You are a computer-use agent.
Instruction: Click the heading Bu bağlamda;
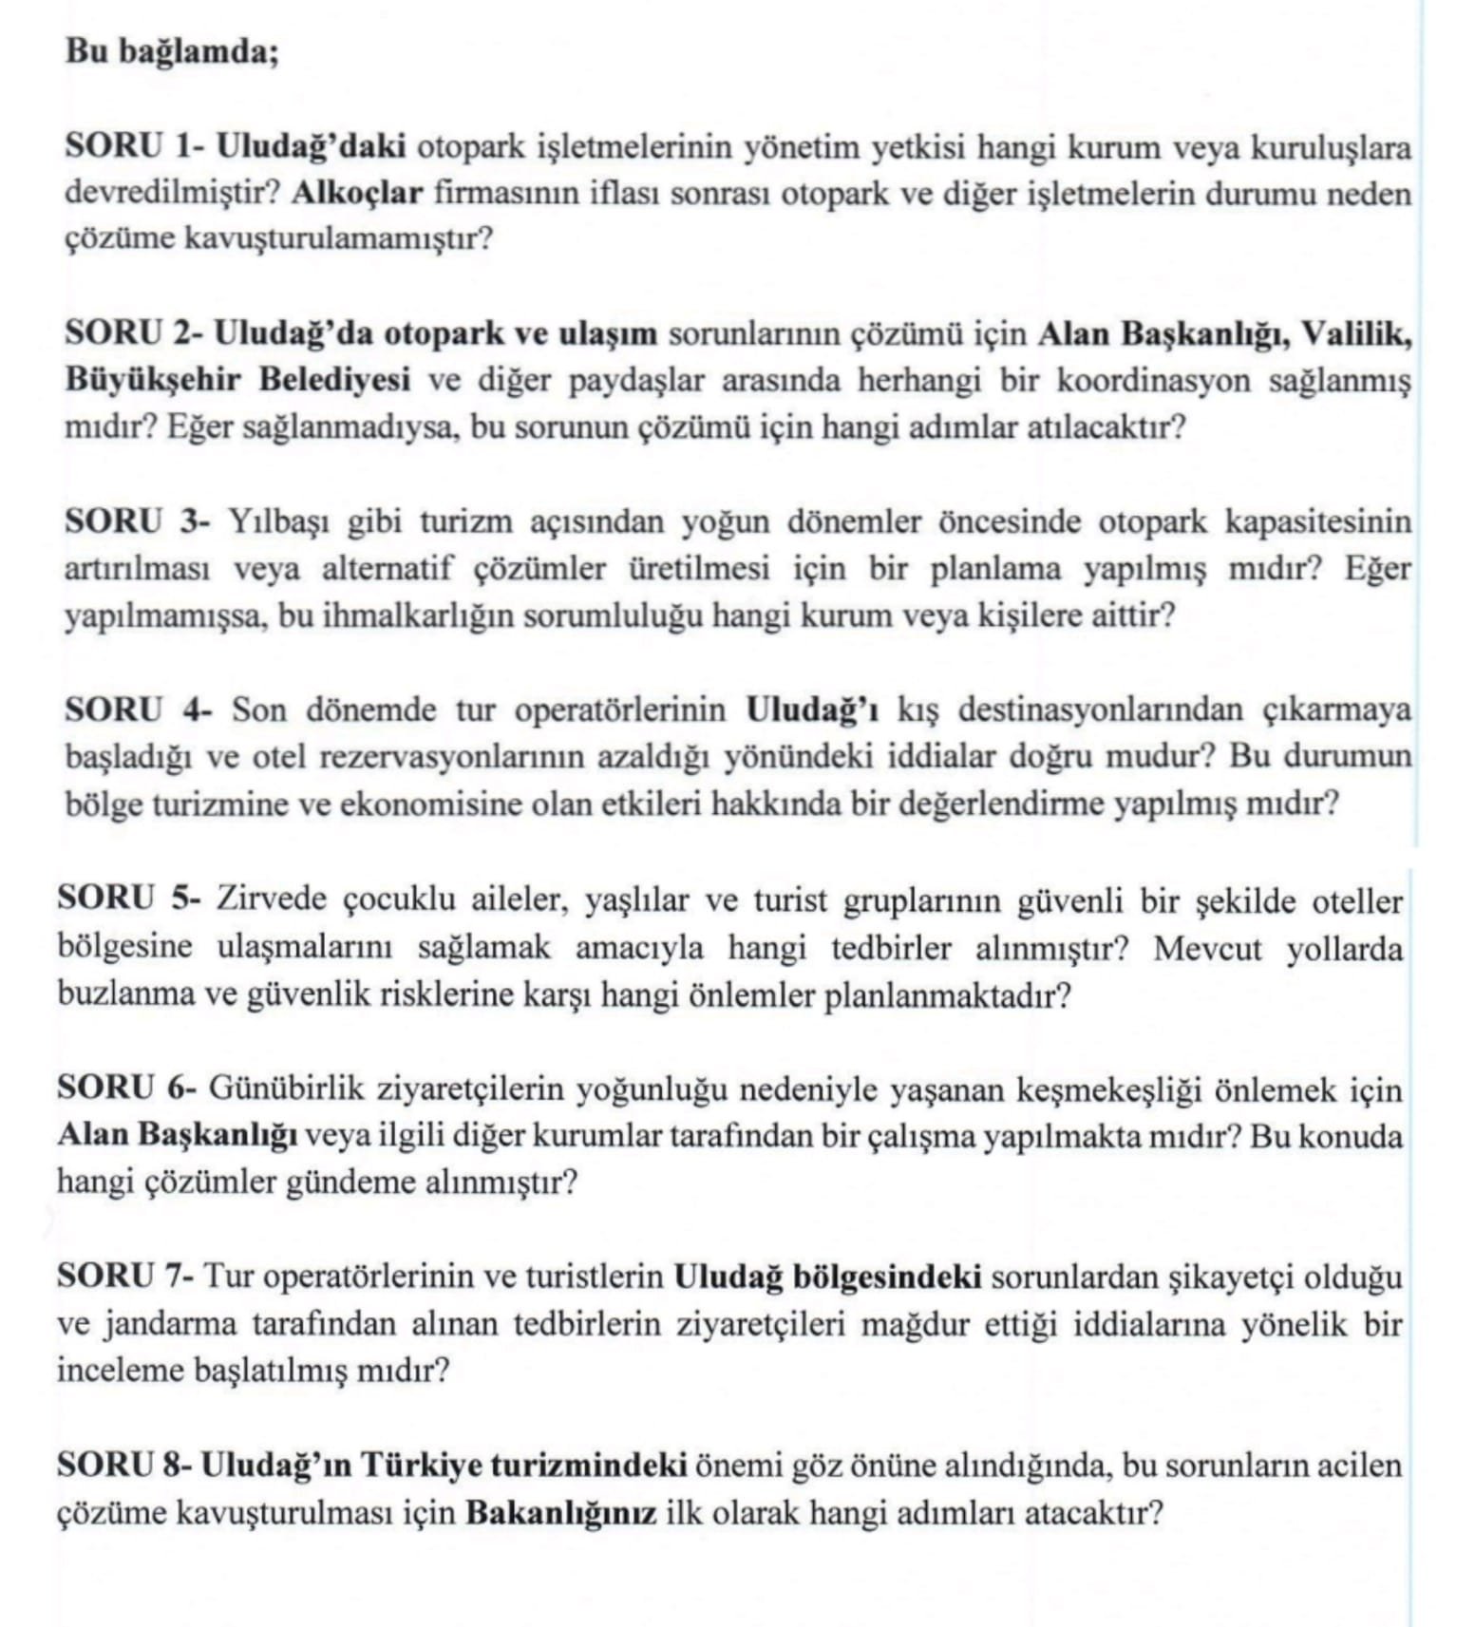[x=172, y=51]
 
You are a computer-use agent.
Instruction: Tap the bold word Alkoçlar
[x=356, y=194]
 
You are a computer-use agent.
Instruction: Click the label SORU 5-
[x=129, y=899]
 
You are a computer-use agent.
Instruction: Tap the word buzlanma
[x=119, y=994]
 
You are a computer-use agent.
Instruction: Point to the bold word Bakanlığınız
[x=560, y=1512]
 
